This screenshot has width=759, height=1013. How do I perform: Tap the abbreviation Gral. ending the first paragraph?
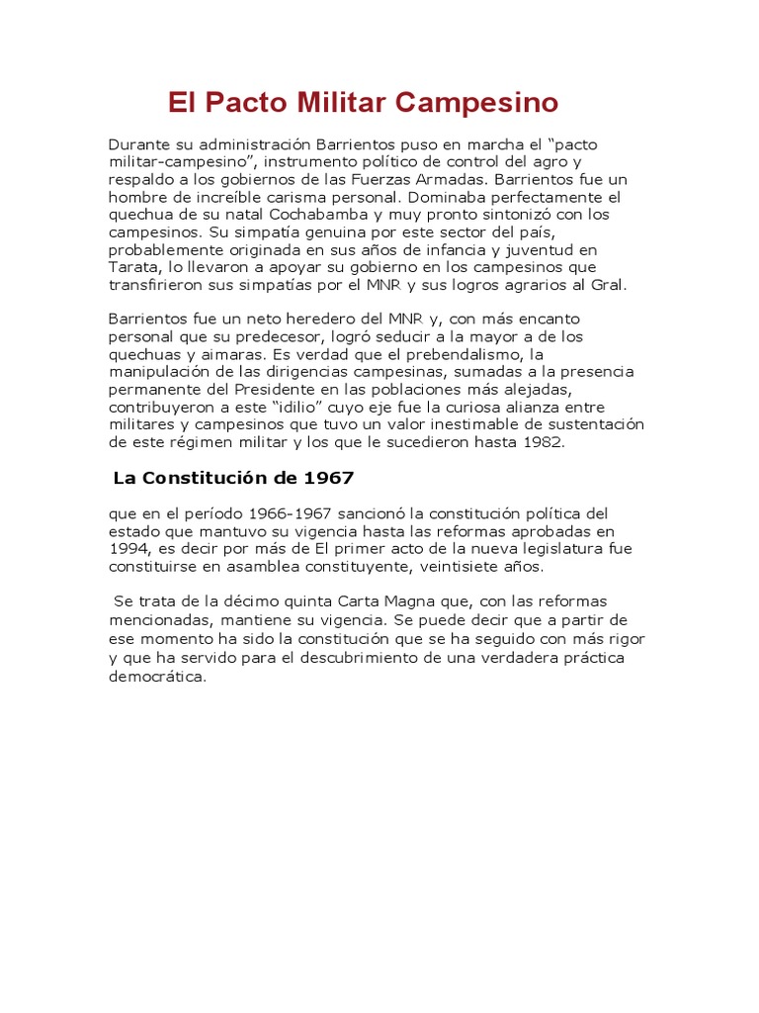609,286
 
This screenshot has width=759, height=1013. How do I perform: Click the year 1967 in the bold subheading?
328,479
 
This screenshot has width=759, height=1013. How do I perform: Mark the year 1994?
127,549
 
